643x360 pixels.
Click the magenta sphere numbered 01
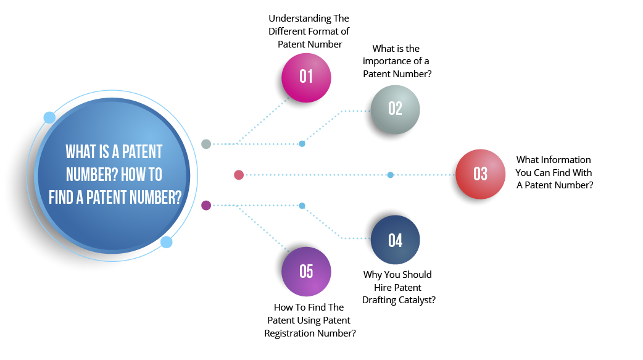coord(306,77)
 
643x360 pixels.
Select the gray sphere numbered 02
coord(395,109)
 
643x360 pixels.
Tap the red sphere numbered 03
coord(480,174)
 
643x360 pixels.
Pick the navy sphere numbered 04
coord(395,240)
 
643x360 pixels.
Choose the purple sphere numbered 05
coord(306,272)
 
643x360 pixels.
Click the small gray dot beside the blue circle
coord(206,144)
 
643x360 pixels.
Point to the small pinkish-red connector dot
coord(239,175)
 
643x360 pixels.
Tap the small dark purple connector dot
coord(206,205)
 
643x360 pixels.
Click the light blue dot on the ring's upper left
coord(49,117)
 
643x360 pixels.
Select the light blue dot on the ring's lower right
coord(166,242)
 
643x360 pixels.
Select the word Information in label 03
coord(566,159)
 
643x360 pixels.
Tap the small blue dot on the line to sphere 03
coord(391,175)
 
